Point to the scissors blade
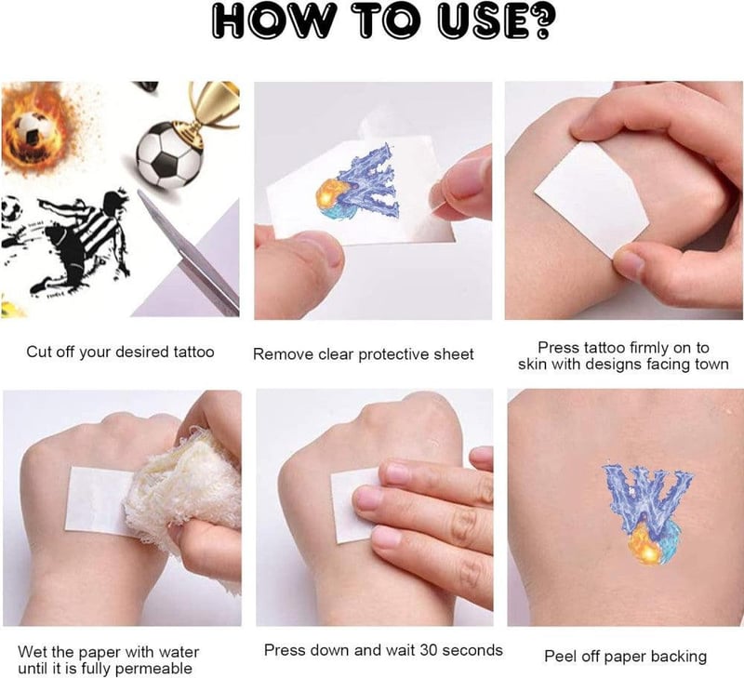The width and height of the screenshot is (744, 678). click(189, 251)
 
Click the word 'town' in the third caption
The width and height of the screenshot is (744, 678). click(711, 365)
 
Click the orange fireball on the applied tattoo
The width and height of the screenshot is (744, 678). click(645, 545)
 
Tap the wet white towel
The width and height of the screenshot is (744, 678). click(185, 499)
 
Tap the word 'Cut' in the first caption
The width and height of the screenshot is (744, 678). click(38, 352)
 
